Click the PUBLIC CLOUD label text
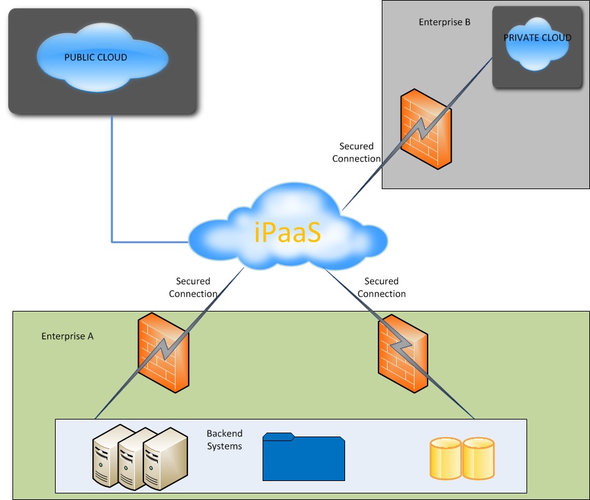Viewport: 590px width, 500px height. (x=96, y=58)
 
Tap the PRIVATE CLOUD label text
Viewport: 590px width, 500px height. (x=537, y=38)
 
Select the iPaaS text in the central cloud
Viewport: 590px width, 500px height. (x=287, y=233)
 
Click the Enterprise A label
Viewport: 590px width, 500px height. (x=67, y=336)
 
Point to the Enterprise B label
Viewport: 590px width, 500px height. (x=445, y=22)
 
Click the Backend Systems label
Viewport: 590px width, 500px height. (x=225, y=440)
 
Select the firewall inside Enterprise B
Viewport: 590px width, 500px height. (x=426, y=128)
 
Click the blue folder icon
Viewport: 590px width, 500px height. (x=303, y=457)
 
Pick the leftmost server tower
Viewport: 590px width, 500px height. (x=106, y=458)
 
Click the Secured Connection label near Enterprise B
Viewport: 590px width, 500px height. (x=356, y=152)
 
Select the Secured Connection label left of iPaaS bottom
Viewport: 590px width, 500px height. (x=193, y=288)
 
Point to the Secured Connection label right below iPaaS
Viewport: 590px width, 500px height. (x=381, y=288)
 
